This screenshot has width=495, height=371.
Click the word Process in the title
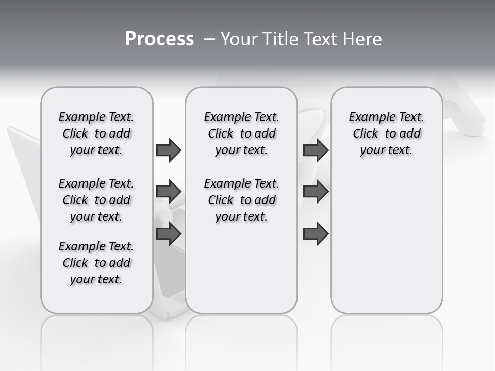[159, 39]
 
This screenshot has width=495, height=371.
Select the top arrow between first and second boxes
[169, 150]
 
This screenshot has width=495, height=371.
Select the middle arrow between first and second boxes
[169, 192]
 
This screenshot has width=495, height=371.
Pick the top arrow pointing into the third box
[316, 150]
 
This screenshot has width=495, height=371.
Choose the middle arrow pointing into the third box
[316, 192]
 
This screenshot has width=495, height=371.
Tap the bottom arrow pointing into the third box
[316, 234]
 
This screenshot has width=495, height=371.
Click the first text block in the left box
[96, 133]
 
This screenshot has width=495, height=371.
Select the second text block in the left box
[96, 200]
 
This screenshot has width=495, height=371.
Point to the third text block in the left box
[96, 263]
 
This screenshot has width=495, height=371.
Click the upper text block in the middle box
[241, 133]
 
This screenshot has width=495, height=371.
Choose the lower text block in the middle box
[241, 200]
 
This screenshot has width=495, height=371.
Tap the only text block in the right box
[386, 133]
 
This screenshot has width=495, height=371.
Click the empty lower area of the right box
[386, 242]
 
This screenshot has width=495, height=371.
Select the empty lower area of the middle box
[241, 268]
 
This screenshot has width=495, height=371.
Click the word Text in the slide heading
[321, 39]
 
